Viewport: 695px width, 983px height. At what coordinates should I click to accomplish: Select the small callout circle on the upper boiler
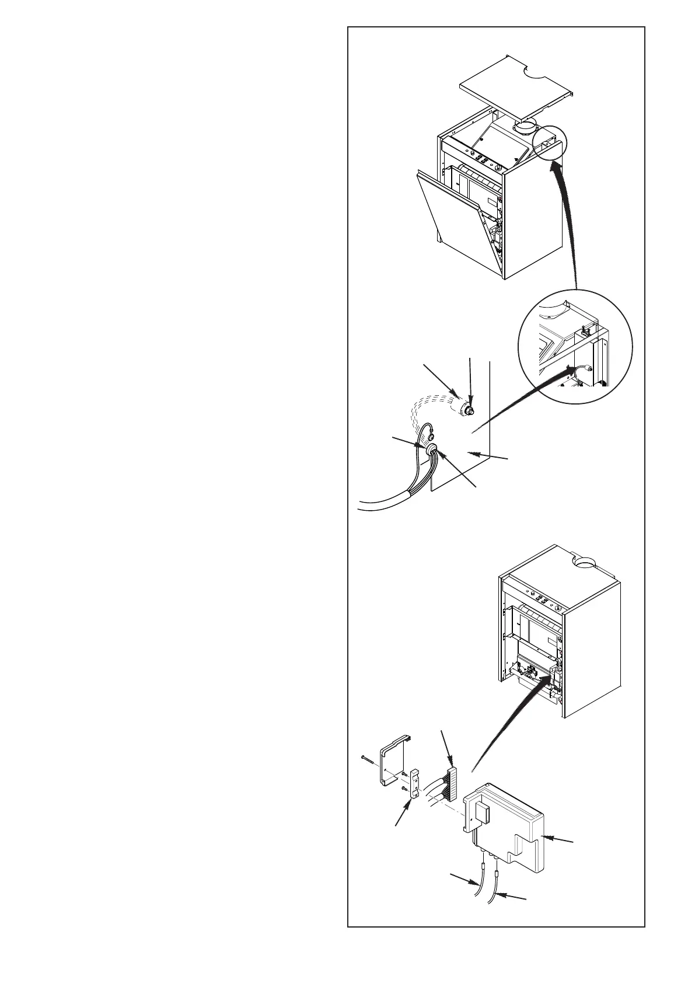[549, 142]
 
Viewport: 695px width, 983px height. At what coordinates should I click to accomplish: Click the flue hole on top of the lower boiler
[586, 563]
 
